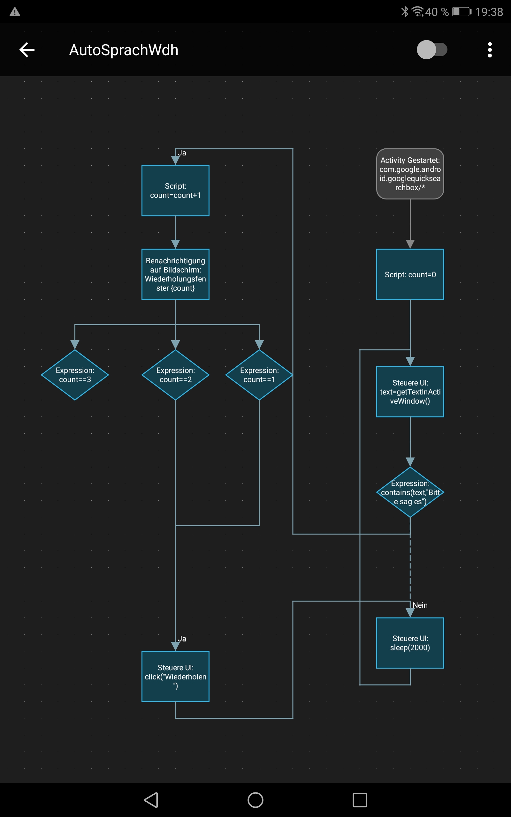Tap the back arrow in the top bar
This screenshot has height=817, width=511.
pyautogui.click(x=27, y=50)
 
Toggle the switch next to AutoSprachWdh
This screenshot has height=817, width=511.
pyautogui.click(x=432, y=50)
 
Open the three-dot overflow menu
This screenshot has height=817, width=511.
pyautogui.click(x=490, y=50)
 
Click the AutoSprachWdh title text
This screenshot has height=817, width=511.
pyautogui.click(x=124, y=50)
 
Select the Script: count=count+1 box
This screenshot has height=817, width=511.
pyautogui.click(x=175, y=191)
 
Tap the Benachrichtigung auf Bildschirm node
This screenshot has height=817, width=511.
pyautogui.click(x=175, y=274)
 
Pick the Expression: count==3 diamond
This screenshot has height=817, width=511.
pyautogui.click(x=75, y=375)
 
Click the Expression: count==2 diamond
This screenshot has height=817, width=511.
pyautogui.click(x=175, y=375)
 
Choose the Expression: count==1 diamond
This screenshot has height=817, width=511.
pyautogui.click(x=259, y=375)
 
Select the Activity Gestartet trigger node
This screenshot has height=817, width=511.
pyautogui.click(x=410, y=174)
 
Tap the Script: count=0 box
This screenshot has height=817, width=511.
pyautogui.click(x=410, y=274)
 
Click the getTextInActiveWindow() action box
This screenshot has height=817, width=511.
pyautogui.click(x=410, y=392)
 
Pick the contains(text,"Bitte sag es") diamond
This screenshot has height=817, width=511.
pyautogui.click(x=410, y=492)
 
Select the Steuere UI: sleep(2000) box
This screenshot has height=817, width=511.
pyautogui.click(x=410, y=643)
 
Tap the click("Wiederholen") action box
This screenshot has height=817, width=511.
pyautogui.click(x=175, y=677)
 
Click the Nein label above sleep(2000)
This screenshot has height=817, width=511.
pyautogui.click(x=420, y=605)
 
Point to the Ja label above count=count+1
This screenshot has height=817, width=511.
pyautogui.click(x=182, y=153)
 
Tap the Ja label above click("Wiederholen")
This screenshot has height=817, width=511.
pyautogui.click(x=182, y=639)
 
